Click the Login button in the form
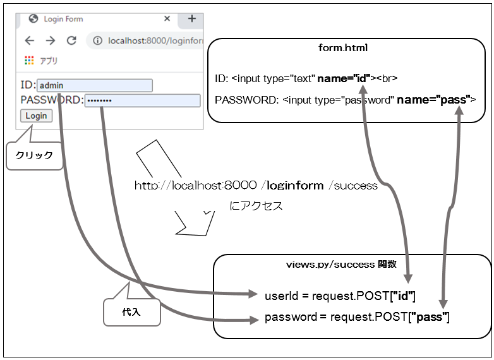[36, 116]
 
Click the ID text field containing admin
[95, 85]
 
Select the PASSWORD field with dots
[142, 100]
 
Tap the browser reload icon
[71, 40]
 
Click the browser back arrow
[29, 40]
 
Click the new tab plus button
[192, 19]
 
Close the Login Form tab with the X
[167, 19]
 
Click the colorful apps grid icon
[29, 61]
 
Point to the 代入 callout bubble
[131, 312]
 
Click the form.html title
[343, 48]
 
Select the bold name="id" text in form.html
[344, 78]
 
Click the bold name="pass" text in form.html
[435, 99]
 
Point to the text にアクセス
[256, 206]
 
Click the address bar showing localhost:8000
[152, 40]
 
